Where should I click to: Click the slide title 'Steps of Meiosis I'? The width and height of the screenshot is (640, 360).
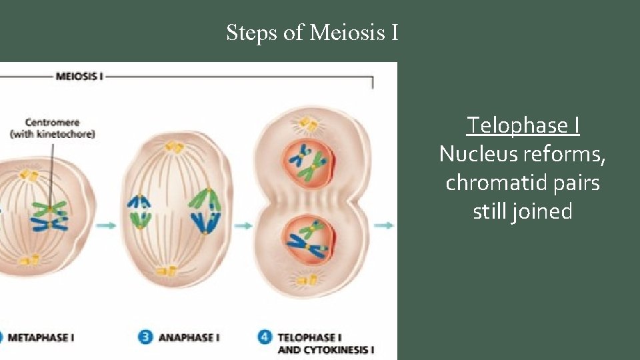[x=312, y=32]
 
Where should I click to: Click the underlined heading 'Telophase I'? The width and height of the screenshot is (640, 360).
[x=522, y=125]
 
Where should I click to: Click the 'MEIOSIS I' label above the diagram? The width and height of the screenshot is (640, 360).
[x=79, y=76]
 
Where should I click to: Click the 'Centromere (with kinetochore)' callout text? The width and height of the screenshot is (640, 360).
[x=52, y=128]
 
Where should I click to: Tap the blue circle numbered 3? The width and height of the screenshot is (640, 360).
[x=145, y=337]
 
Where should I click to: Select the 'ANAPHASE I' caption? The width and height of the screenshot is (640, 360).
[x=189, y=337]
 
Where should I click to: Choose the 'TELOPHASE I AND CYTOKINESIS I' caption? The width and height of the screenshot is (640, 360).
[x=325, y=343]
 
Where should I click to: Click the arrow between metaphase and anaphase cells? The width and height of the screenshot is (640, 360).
[x=105, y=225]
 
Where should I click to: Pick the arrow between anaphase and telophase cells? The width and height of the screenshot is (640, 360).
[x=243, y=225]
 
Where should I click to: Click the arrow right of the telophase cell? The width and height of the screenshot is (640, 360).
[x=383, y=225]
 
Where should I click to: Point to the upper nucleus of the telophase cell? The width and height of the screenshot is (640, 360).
[x=307, y=159]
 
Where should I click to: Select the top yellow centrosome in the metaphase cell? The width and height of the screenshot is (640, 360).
[x=29, y=175]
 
